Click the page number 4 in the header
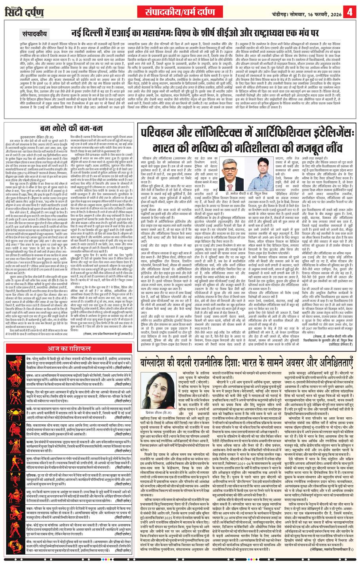coord(350,12)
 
